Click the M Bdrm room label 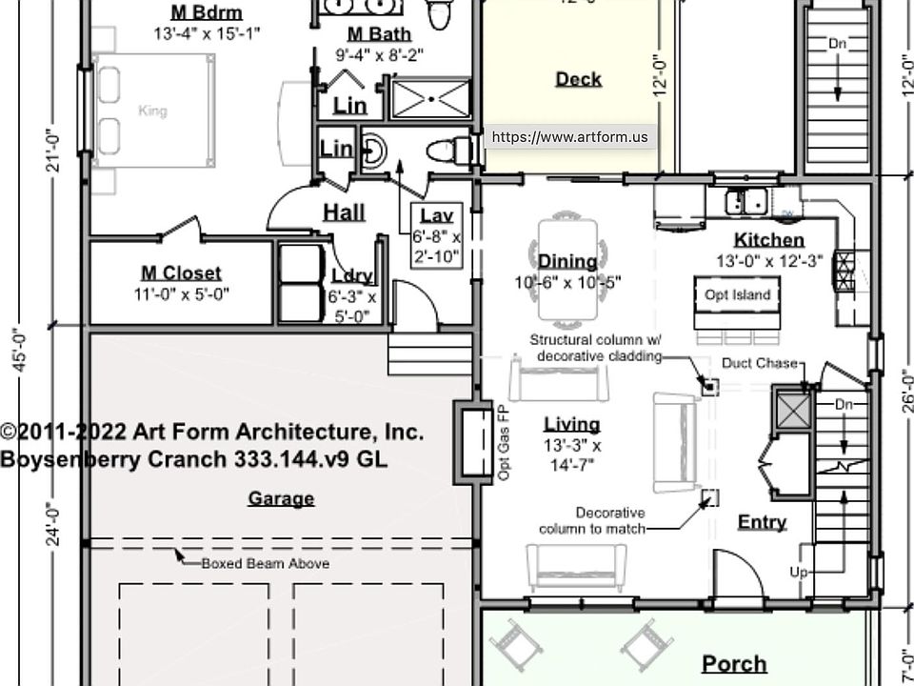tap(206, 12)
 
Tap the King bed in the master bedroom tap(152, 111)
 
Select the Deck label tap(578, 79)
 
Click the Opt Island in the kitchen tap(737, 294)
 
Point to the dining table tap(568, 271)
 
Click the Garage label tap(281, 498)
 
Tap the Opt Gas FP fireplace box tap(469, 440)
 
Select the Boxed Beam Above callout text tap(265, 563)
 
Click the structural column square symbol tap(708, 386)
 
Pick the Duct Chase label tap(758, 363)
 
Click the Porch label tap(734, 663)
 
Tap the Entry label tap(762, 522)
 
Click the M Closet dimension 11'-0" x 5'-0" tap(181, 294)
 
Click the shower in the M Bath tap(430, 98)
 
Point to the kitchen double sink tap(747, 202)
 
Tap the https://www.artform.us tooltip tap(569, 137)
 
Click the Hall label tap(344, 212)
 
